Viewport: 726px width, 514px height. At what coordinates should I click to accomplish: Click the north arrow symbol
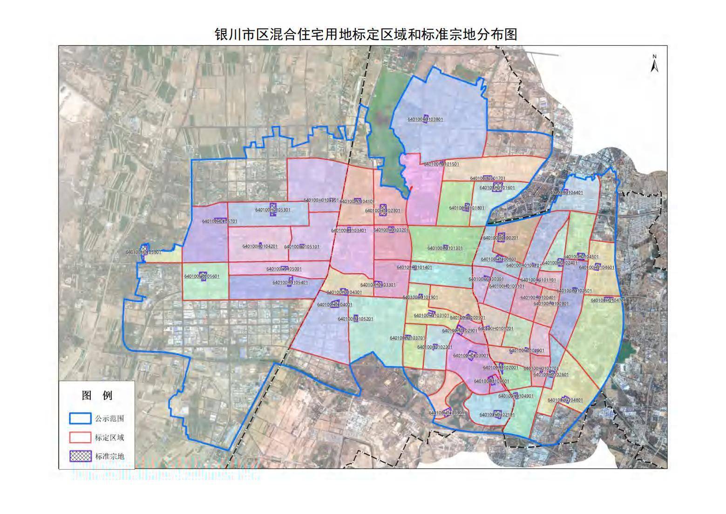point(654,64)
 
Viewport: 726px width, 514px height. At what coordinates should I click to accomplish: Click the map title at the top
point(366,34)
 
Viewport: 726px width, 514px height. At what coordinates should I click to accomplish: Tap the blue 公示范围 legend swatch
point(80,418)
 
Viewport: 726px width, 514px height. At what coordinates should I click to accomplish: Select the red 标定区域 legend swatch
point(80,438)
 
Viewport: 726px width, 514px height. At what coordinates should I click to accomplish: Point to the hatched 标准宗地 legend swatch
point(80,456)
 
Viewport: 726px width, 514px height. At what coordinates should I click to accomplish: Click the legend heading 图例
point(97,396)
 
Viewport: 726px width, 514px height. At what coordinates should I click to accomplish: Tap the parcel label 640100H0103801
point(425,119)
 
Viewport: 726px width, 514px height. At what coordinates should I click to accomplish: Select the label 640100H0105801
point(143,252)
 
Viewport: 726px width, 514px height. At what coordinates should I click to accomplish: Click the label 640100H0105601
point(202,276)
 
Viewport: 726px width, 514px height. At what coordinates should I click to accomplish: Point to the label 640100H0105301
point(272,210)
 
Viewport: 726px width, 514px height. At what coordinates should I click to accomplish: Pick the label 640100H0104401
point(565,192)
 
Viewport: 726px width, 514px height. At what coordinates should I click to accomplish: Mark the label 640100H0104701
point(608,301)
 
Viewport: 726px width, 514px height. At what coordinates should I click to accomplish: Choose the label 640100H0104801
point(565,400)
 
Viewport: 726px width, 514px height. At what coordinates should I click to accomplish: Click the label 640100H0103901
point(446,413)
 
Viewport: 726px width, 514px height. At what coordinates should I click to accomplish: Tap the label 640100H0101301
point(445,248)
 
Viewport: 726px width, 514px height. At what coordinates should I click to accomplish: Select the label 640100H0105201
point(355,319)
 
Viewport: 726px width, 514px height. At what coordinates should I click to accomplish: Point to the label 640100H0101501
point(441,164)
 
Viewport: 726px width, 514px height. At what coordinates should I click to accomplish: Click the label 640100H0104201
point(259,247)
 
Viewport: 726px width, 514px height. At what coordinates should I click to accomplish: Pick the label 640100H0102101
point(497,415)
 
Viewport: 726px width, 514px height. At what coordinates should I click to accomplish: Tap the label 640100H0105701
point(219,221)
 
